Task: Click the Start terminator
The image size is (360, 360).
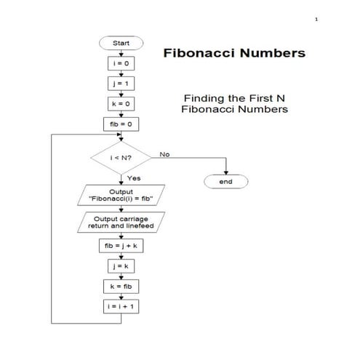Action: coord(121,44)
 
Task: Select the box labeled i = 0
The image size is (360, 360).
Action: coord(121,64)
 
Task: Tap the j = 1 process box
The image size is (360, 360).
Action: coord(121,84)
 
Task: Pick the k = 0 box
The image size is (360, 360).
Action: coord(121,104)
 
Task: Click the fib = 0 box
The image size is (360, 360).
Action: coord(121,124)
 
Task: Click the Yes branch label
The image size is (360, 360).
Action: coord(134,178)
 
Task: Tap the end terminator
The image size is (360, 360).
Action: coord(225,182)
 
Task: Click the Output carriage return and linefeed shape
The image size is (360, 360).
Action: coord(121,222)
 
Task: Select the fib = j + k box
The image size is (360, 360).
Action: coord(121,247)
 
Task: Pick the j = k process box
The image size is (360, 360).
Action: coord(121,267)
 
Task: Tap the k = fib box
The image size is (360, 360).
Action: coord(121,287)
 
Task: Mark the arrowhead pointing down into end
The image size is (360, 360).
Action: coord(225,172)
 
